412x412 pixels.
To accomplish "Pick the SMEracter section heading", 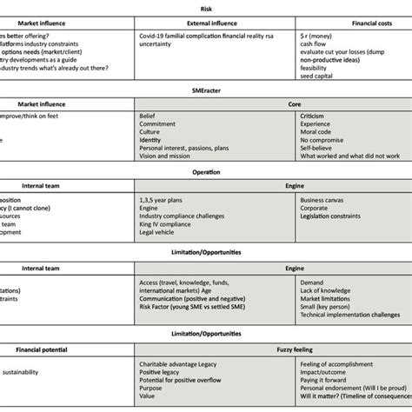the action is coord(205,101).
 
